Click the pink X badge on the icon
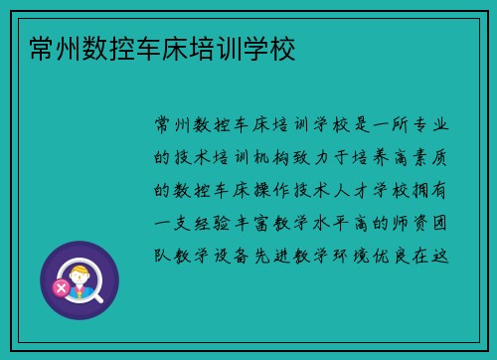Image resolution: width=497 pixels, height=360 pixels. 62,288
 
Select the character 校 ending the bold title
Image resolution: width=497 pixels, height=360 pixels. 282,46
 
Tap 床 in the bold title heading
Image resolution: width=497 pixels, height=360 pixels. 175,46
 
